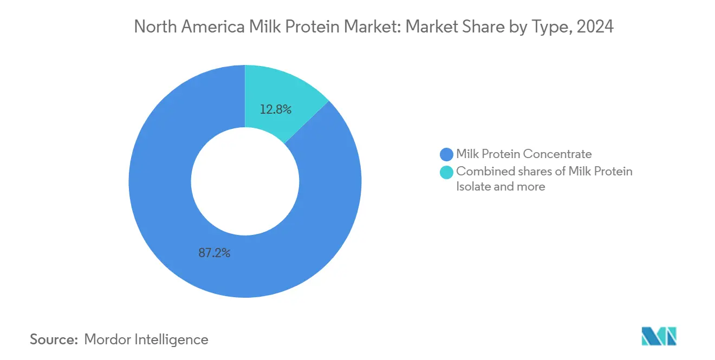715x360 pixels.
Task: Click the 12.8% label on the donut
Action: pos(276,110)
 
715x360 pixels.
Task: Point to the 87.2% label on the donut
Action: pos(214,253)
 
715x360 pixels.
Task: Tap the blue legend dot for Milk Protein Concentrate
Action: pos(447,154)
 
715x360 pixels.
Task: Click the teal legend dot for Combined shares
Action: pos(447,172)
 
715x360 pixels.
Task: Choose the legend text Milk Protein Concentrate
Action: pos(524,154)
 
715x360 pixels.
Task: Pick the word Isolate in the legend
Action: pos(473,187)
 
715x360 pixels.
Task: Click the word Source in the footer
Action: pos(54,339)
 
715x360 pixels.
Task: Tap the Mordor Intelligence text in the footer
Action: pos(146,339)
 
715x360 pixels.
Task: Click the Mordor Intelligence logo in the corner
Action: pos(659,336)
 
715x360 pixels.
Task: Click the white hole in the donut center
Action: pos(245,181)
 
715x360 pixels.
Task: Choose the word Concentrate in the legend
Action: pos(558,154)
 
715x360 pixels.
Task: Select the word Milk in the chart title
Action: pos(260,27)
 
